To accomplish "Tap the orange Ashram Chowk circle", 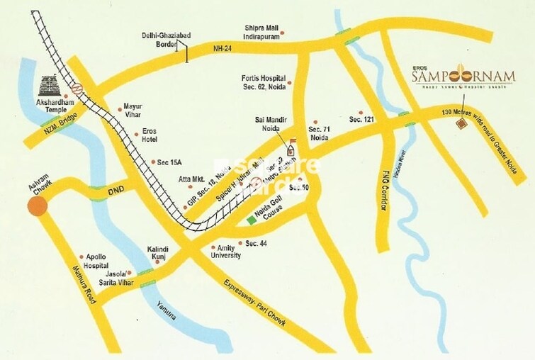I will coord(37,206).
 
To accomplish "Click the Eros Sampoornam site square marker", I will coord(461,123).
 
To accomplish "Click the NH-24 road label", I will coord(223,49).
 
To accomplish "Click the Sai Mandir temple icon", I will coord(289,138).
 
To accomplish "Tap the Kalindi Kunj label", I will coord(157,254).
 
